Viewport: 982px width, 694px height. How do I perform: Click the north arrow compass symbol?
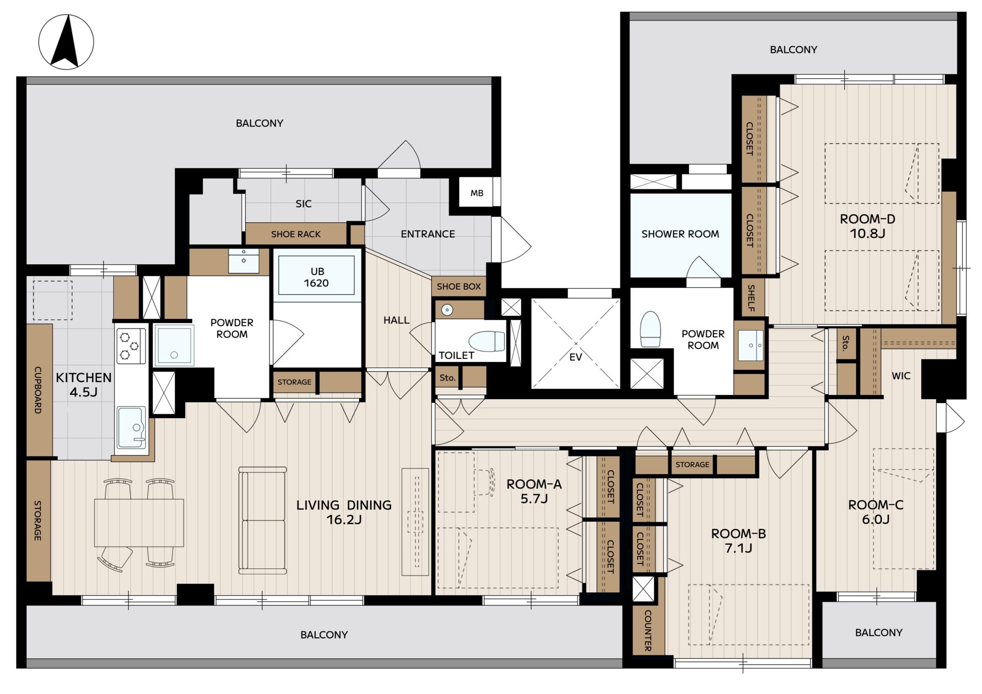(x=66, y=42)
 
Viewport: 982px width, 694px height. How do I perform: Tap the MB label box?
(x=477, y=193)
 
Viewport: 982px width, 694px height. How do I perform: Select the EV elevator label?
(x=575, y=357)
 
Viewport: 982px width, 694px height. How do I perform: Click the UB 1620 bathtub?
(x=317, y=275)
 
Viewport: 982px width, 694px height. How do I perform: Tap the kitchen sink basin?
(x=131, y=427)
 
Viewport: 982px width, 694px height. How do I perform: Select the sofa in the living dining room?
(x=262, y=520)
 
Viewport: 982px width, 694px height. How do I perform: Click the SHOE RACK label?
(x=296, y=234)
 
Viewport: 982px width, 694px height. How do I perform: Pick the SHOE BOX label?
(x=459, y=287)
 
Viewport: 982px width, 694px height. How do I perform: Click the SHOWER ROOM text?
(x=680, y=234)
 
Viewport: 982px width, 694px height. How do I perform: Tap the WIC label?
(x=901, y=376)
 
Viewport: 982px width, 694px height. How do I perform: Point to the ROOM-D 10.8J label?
(x=867, y=226)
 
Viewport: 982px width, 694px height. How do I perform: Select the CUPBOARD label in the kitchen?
(x=38, y=389)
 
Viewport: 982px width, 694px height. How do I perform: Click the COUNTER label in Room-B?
(x=648, y=630)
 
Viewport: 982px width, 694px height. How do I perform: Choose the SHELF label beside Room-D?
(x=751, y=298)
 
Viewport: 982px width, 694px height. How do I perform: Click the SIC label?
(x=303, y=203)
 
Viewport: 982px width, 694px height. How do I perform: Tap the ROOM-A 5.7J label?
(x=534, y=491)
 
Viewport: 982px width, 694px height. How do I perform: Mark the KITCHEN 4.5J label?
(x=83, y=385)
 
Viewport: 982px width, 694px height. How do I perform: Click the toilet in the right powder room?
(x=651, y=329)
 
